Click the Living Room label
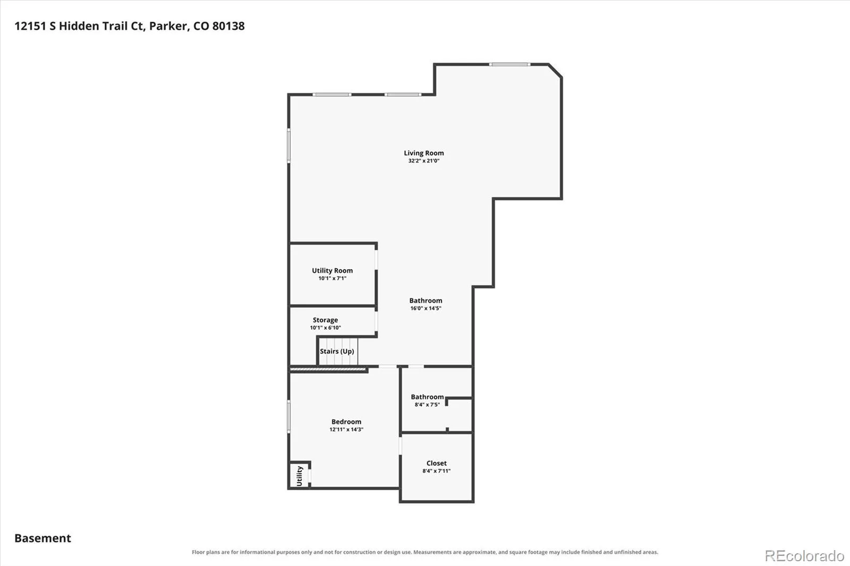tap(423, 153)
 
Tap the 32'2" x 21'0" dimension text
tap(423, 161)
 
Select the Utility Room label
tap(332, 270)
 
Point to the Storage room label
tap(325, 320)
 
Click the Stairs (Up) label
tap(337, 351)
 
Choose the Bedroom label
tap(346, 422)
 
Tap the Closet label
tap(436, 463)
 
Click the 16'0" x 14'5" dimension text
tap(426, 308)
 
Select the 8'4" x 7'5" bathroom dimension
tap(427, 405)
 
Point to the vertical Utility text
tap(300, 476)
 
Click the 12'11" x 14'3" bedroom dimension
tap(346, 430)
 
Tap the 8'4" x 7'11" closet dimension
tap(436, 471)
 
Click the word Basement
tap(42, 538)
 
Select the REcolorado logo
tap(804, 556)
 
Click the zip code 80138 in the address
tap(228, 26)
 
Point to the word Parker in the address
tap(169, 26)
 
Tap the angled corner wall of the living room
tap(555, 71)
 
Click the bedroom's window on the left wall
tap(289, 416)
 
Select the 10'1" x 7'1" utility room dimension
tap(332, 278)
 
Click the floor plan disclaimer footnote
tap(425, 552)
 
